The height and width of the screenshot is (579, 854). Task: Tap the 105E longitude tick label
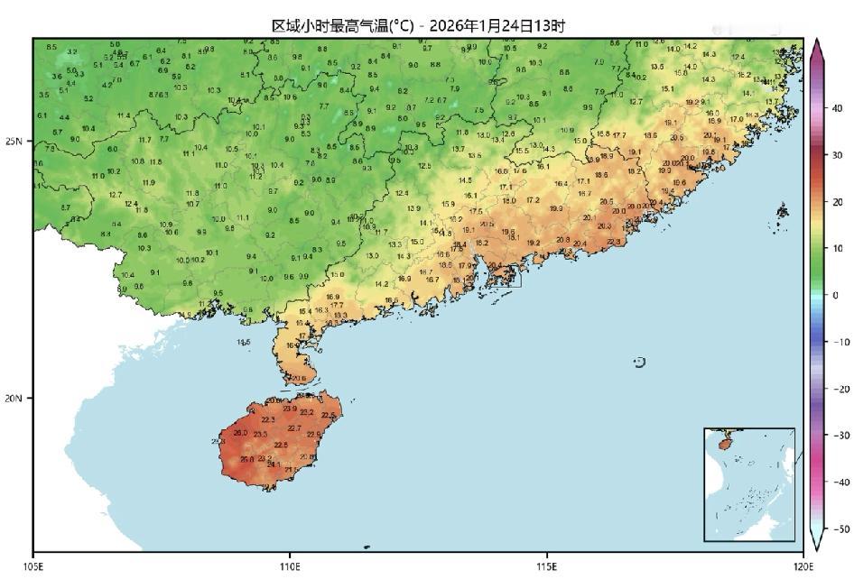(x=33, y=566)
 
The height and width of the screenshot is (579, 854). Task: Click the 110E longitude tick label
(x=290, y=566)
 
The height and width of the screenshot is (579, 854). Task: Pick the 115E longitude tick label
(x=546, y=566)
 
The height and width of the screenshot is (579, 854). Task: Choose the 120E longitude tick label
(x=803, y=566)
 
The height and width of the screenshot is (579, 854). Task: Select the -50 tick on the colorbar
(x=840, y=528)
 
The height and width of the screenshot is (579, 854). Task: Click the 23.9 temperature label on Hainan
(x=289, y=409)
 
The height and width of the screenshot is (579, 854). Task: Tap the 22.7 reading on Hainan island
(x=293, y=428)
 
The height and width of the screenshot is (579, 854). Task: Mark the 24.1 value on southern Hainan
(x=274, y=464)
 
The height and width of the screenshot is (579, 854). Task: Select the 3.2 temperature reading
(x=71, y=52)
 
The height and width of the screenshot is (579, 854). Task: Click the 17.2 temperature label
(x=533, y=200)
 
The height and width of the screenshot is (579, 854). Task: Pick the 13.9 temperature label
(x=413, y=209)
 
